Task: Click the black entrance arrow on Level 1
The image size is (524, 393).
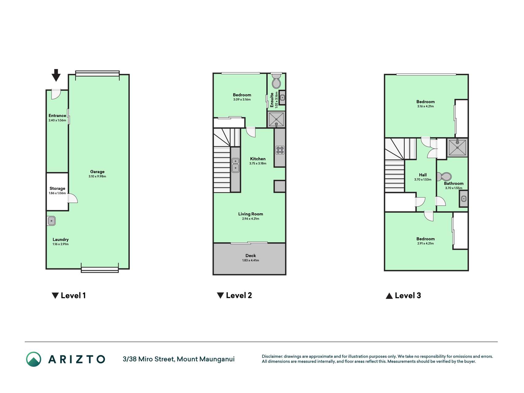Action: pyautogui.click(x=56, y=75)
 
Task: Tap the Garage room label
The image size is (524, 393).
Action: pyautogui.click(x=97, y=172)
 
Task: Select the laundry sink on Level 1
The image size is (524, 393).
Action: pyautogui.click(x=51, y=221)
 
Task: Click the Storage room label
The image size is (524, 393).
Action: pyautogui.click(x=57, y=189)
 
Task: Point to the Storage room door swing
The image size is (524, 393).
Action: pyautogui.click(x=73, y=198)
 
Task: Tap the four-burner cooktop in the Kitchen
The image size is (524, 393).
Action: pyautogui.click(x=280, y=150)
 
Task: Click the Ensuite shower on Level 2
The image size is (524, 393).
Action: pyautogui.click(x=276, y=119)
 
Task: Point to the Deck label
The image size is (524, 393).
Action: pyautogui.click(x=250, y=255)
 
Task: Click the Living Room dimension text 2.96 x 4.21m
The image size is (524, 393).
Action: pyautogui.click(x=250, y=219)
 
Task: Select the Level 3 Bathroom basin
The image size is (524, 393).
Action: pyautogui.click(x=464, y=199)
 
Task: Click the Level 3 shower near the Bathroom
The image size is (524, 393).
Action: pyautogui.click(x=457, y=147)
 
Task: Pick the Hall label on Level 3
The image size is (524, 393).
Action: pyautogui.click(x=423, y=175)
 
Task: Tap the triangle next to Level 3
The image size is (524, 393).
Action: pyautogui.click(x=389, y=296)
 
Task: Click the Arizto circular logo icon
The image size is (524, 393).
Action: pyautogui.click(x=33, y=359)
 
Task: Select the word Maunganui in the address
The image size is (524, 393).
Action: pyautogui.click(x=217, y=359)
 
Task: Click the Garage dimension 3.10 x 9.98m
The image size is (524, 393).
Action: pyautogui.click(x=97, y=177)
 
